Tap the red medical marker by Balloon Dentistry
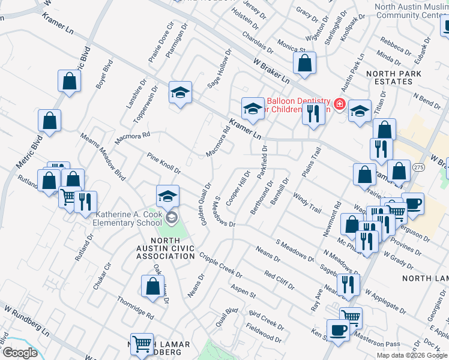click(340, 104)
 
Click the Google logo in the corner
click(19, 353)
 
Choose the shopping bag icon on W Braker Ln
click(305, 63)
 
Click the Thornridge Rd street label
click(135, 308)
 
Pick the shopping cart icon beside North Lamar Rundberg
click(142, 344)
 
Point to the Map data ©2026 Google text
click(411, 355)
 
